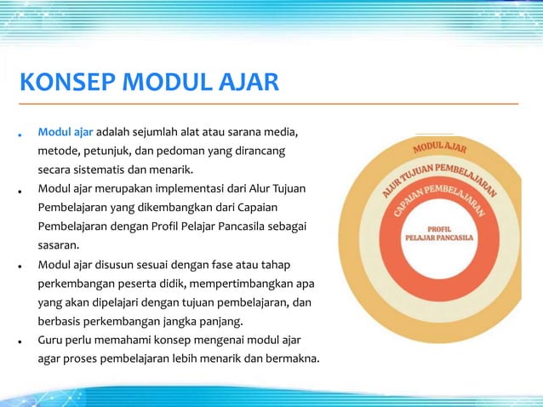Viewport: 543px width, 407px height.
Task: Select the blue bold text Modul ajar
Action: [65, 134]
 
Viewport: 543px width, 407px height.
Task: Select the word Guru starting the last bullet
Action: [51, 341]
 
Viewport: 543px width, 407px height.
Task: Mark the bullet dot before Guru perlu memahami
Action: [18, 341]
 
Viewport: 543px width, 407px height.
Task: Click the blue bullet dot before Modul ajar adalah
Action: [18, 135]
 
